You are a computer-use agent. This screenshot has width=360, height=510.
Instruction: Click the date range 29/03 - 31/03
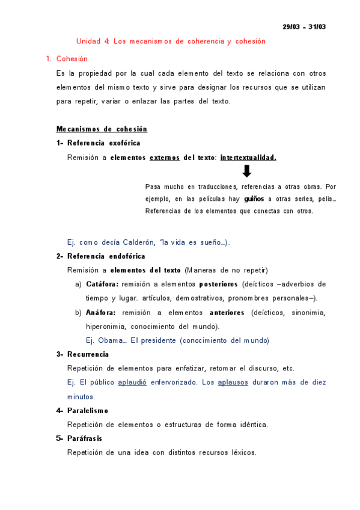coord(304,27)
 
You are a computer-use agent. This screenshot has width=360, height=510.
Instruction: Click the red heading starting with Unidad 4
coord(171,41)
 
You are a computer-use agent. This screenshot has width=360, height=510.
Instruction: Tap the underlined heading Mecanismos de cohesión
coord(102,129)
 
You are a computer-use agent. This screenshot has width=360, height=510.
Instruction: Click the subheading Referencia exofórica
coord(103,143)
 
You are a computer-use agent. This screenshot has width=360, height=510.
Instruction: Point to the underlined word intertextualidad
coord(248,158)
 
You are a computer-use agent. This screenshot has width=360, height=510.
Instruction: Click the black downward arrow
coord(246,171)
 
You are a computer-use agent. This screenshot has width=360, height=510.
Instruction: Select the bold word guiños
coord(254,199)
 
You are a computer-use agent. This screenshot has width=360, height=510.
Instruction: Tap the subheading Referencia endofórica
coord(106,256)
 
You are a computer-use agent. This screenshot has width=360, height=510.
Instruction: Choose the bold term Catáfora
coord(102,284)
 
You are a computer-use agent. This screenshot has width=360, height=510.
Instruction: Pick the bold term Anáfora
coord(100,313)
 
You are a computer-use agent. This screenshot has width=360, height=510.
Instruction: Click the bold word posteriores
coord(218,284)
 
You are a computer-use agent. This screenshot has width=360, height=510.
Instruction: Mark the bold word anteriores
coord(227,313)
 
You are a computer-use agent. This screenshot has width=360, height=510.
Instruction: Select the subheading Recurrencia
coord(88,354)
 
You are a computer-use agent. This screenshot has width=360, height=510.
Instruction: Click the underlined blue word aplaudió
coord(132,382)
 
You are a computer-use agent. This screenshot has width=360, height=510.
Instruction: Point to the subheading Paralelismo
coord(88,411)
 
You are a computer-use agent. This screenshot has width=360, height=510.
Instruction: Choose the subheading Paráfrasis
coord(85,438)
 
